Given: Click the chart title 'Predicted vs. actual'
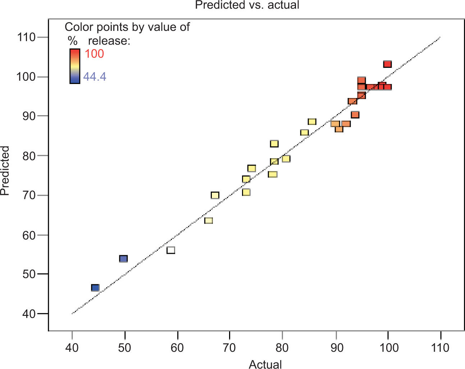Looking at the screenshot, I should pos(247,5).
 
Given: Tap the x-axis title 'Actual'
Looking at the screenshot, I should pos(265,364).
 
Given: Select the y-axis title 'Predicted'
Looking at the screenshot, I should pos(5,171).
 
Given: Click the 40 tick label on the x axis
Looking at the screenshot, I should pos(72,347).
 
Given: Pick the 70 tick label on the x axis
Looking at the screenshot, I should pos(230,347).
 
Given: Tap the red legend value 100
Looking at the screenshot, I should pos(94,54).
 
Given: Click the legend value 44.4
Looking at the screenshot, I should pos(95,76).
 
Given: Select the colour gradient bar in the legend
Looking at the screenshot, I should pos(75,66).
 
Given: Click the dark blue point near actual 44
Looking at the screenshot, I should pos(95,288).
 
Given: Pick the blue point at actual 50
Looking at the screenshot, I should pos(123,259).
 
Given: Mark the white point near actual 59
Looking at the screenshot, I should pos(171,250).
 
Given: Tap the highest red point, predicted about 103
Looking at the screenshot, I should pos(387,64).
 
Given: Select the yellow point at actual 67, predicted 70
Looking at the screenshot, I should pos(215,195).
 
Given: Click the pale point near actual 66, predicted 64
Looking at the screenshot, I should pos(209,220).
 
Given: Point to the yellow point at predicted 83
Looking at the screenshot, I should pos(274,144).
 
